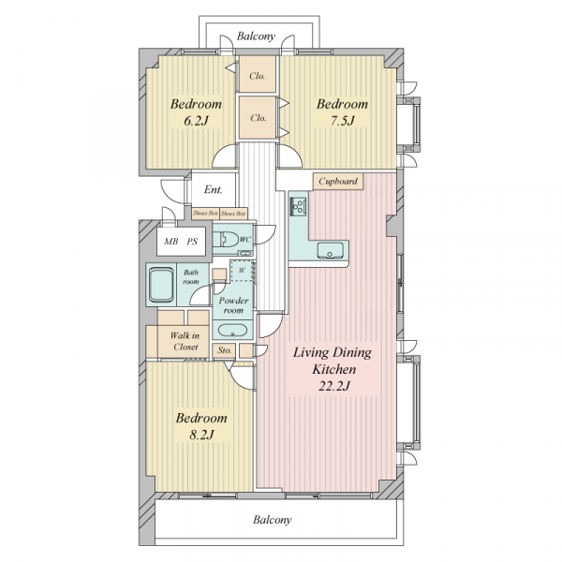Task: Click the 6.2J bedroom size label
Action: click(196, 121)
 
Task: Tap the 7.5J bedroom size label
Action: click(342, 121)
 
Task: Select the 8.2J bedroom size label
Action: click(201, 435)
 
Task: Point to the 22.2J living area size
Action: click(334, 386)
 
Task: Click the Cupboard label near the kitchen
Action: click(338, 182)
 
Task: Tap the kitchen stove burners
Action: click(298, 206)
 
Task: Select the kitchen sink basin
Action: click(330, 250)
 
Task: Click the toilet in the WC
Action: click(226, 239)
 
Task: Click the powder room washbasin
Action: click(232, 330)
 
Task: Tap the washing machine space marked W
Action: click(242, 271)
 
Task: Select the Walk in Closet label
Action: click(185, 341)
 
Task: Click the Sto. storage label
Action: click(225, 350)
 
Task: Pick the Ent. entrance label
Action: click(214, 189)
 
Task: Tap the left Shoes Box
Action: click(205, 214)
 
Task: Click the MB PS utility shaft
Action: click(181, 242)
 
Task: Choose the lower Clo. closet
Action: click(259, 117)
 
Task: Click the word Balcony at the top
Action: click(256, 37)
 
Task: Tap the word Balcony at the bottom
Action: click(272, 520)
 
